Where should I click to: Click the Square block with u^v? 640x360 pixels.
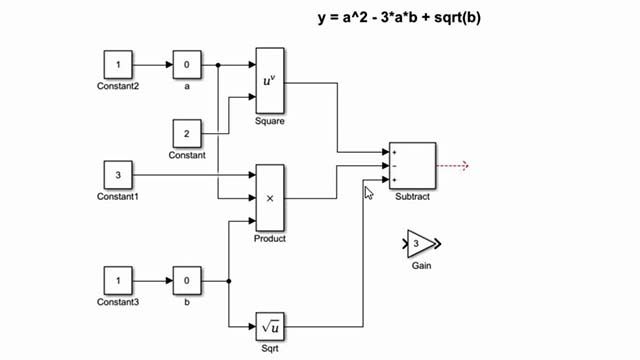click(x=270, y=80)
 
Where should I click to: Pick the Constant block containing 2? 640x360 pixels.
click(x=187, y=132)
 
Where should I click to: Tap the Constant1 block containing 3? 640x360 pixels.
click(x=119, y=177)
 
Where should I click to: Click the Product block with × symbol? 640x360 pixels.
click(x=270, y=198)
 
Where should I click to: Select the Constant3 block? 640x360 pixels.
click(x=119, y=279)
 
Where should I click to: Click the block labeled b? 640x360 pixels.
click(x=187, y=279)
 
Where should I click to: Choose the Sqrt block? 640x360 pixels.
click(x=270, y=325)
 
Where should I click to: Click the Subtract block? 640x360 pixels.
click(x=412, y=165)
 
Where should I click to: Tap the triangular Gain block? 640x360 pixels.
click(x=419, y=243)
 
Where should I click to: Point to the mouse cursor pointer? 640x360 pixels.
click(x=368, y=192)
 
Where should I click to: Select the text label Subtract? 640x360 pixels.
click(x=412, y=197)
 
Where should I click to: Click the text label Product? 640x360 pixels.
click(x=270, y=239)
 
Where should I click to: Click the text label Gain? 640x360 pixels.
click(x=421, y=266)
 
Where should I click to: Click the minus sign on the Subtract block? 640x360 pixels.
click(x=394, y=166)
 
